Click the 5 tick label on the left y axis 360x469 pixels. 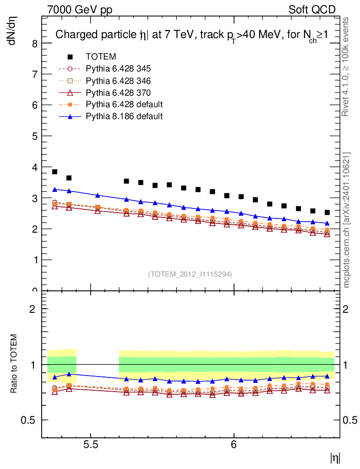[35, 136]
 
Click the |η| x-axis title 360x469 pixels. [335, 457]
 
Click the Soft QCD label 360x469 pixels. [312, 10]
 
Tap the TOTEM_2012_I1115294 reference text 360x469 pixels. [190, 274]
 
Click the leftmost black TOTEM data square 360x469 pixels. [55, 172]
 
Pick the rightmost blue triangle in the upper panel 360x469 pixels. [327, 223]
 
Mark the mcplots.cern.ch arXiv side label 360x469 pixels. [347, 220]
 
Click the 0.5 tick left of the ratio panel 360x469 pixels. [32, 420]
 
